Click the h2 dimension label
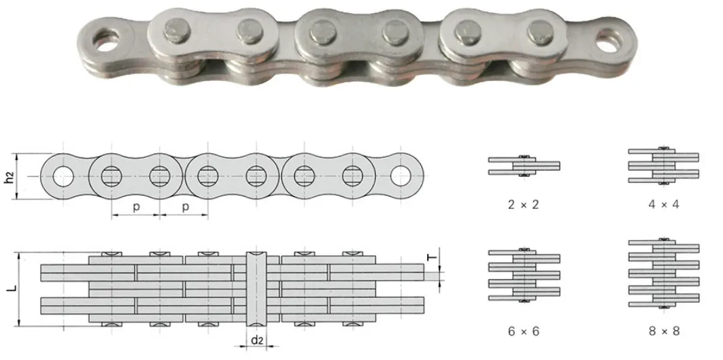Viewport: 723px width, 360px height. coord(9,178)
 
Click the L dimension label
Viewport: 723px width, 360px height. coord(10,289)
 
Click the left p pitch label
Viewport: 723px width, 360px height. coord(136,207)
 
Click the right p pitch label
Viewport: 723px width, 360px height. coord(185,207)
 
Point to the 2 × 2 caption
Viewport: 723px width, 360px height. coord(523,203)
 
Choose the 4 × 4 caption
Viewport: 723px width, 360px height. coord(662,203)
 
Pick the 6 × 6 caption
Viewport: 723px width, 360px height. coord(523,333)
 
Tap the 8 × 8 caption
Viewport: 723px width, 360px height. coord(662,333)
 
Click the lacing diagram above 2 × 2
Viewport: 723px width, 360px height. coord(523,165)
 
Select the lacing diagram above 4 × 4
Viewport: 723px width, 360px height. coord(662,165)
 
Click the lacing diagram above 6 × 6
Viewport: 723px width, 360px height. coord(523,274)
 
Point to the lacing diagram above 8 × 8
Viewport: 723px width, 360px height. coord(662,274)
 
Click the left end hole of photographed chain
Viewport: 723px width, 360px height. coord(106,39)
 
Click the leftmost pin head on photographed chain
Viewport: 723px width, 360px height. coord(173,29)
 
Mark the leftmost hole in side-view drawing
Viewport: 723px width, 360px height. coord(63,176)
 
